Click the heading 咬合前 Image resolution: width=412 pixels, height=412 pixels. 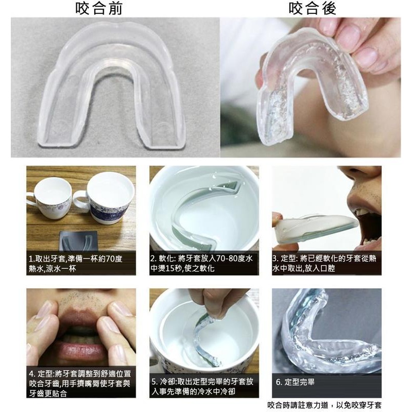(99, 8)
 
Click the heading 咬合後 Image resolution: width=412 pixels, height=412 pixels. (312, 8)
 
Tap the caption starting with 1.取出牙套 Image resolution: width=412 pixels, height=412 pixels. (76, 264)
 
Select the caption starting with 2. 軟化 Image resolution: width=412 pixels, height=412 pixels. (201, 263)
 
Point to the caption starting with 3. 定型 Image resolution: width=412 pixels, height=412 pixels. (324, 263)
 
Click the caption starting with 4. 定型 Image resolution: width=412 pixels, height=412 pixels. (80, 384)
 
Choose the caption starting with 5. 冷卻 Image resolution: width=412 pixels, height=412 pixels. (202, 387)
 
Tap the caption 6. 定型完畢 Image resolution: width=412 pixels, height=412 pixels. (295, 382)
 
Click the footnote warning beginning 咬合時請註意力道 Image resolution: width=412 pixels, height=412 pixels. (324, 405)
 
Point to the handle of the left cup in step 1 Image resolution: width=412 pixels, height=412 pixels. (30, 200)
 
